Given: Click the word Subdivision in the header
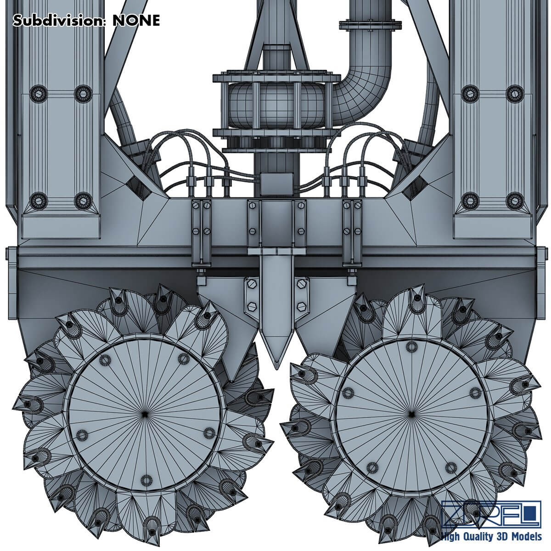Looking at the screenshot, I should [x=57, y=20].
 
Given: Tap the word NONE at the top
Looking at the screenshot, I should [x=137, y=20].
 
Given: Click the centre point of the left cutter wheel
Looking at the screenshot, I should [x=145, y=414].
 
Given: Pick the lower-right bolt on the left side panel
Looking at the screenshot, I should [x=82, y=199].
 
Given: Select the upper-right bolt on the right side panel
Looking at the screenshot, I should [x=512, y=93].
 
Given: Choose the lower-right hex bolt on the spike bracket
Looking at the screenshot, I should [x=301, y=305].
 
